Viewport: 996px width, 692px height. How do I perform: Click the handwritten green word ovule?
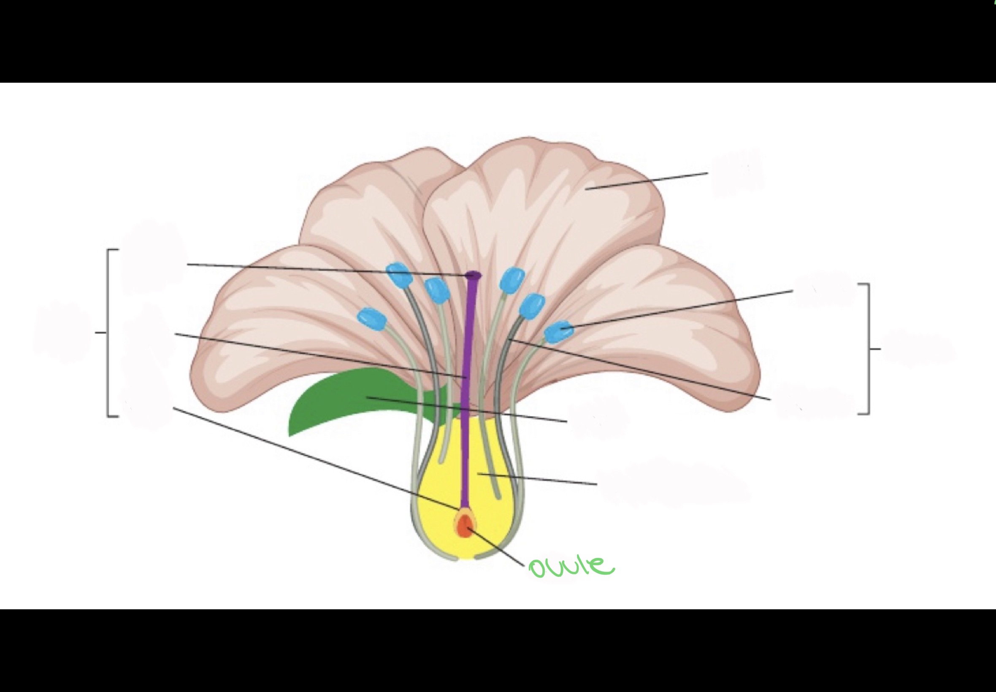point(571,567)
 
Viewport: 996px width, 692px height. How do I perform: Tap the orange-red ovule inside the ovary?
point(464,526)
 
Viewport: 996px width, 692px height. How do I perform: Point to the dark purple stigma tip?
point(473,275)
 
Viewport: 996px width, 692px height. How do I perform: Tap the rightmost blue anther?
point(558,332)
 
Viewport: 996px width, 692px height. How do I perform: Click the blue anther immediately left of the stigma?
point(437,289)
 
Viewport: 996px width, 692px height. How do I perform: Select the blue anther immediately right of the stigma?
point(512,280)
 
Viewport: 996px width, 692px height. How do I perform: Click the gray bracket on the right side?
point(869,349)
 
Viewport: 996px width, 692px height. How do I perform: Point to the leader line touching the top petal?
point(646,181)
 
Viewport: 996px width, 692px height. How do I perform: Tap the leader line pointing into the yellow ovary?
point(538,479)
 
